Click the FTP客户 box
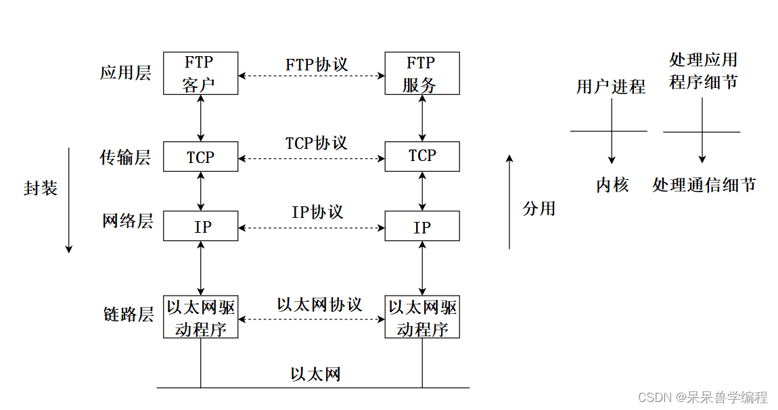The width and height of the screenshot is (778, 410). [x=200, y=74]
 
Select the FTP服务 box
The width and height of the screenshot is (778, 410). [x=422, y=74]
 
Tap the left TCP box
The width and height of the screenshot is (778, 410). [x=200, y=157]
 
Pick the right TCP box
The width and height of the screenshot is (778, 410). [x=422, y=156]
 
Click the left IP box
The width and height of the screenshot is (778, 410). [x=200, y=226]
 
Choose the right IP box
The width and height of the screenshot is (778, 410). [x=422, y=226]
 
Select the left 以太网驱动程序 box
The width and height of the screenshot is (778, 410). [x=200, y=317]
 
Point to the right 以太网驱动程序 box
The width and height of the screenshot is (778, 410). [x=422, y=317]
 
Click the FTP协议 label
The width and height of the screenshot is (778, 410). [x=316, y=64]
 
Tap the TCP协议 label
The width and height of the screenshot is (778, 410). [x=316, y=143]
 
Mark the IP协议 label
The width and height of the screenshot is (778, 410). [x=317, y=212]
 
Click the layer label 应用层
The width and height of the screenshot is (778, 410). [x=126, y=73]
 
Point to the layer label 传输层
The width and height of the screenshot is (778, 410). [x=126, y=158]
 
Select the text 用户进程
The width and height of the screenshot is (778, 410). [x=611, y=87]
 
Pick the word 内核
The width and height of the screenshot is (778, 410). [x=612, y=185]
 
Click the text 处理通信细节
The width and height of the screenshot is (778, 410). [x=704, y=185]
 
